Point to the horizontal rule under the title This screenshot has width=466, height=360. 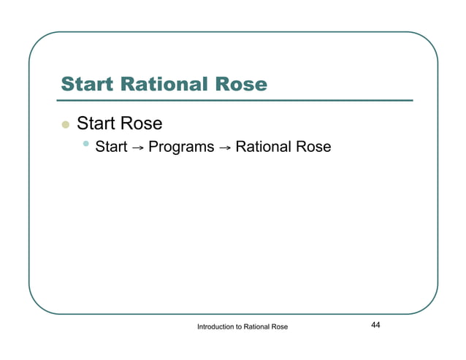tap(237, 100)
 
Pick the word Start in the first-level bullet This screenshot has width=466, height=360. tap(99, 123)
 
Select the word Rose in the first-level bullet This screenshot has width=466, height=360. tap(143, 123)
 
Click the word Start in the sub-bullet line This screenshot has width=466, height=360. tap(111, 148)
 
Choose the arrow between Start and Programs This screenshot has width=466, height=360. tap(137, 148)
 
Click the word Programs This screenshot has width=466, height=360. tap(181, 148)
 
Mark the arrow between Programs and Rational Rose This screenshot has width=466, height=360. tap(225, 148)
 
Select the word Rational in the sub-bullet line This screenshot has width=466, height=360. tap(264, 148)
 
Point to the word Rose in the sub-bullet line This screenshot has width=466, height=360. tap(314, 148)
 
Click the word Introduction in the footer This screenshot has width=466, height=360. tap(218, 327)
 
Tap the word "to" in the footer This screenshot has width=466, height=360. tap(245, 327)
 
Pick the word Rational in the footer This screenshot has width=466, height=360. tap(263, 327)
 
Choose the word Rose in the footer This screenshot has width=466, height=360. tap(289, 327)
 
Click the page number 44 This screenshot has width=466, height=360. tap(375, 325)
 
